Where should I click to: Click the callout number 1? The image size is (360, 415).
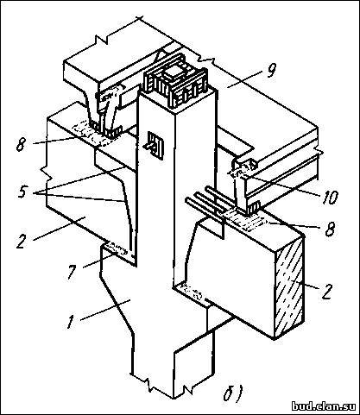coord(70,322)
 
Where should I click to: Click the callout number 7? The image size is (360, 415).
coord(72,273)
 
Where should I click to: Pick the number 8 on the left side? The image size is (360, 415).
coord(21,145)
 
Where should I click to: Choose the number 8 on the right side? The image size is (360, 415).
coord(330,230)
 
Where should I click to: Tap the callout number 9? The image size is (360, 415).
coord(270,71)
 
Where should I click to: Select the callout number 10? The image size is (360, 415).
coord(329,198)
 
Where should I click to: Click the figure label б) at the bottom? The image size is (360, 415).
coord(233,393)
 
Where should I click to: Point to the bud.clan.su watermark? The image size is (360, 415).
coord(324,406)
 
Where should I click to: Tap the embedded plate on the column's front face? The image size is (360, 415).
coord(155,146)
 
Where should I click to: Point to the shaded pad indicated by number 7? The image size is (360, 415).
coord(116,249)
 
